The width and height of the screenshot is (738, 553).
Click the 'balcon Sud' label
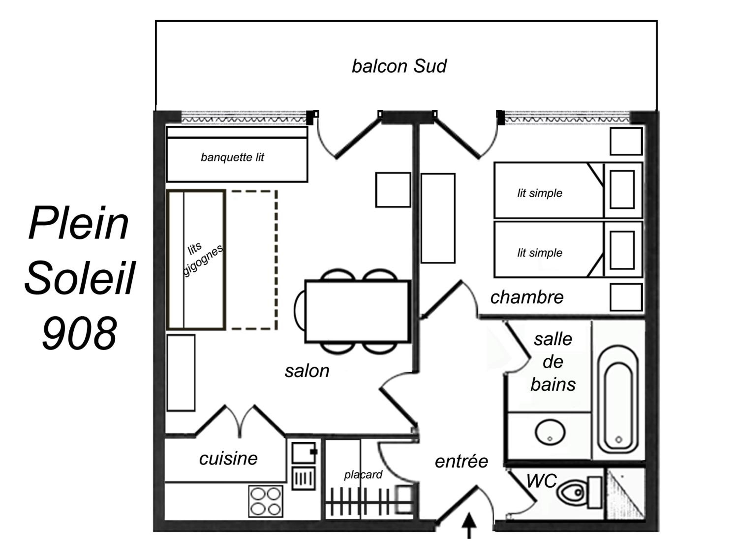coord(399,66)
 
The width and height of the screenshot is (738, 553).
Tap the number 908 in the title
coord(79,333)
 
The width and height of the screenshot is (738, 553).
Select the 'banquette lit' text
coord(232,157)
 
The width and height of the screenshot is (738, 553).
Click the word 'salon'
coord(307,371)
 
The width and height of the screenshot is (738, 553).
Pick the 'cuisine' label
coord(228,459)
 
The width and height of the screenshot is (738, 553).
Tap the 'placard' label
coord(363,475)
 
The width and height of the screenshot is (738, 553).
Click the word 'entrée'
coord(461,461)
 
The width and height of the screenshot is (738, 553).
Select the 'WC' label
coord(541,481)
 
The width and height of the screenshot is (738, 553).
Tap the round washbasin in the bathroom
coord(550,432)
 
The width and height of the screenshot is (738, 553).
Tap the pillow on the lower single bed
coord(622,250)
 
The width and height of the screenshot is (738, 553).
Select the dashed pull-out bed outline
coord(254,260)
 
